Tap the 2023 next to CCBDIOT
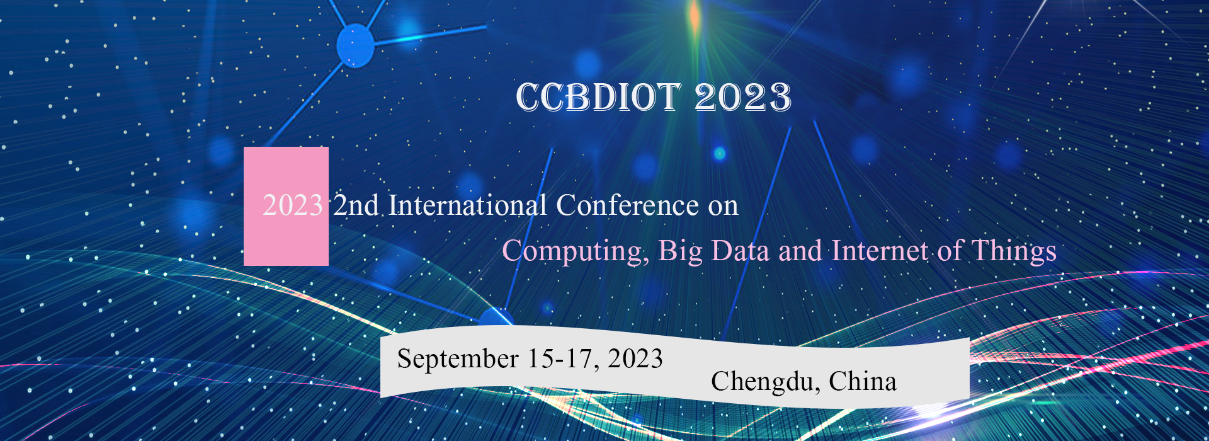tap(743, 98)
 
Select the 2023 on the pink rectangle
tap(293, 205)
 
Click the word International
tap(467, 205)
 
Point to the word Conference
tap(627, 205)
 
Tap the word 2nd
tap(356, 205)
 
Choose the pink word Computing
tap(576, 251)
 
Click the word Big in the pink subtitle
tap(681, 251)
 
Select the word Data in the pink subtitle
tap(741, 251)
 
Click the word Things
tap(1014, 251)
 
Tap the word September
tap(458, 360)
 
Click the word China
tap(863, 381)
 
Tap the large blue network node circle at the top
tap(356, 45)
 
